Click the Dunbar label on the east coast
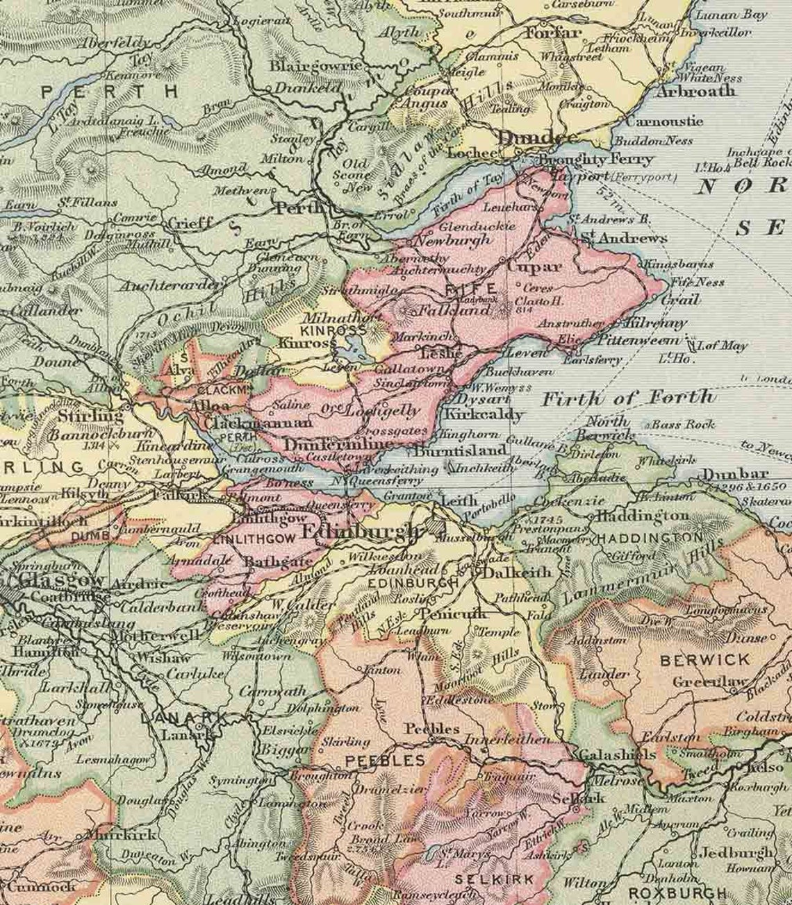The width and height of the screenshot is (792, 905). (727, 475)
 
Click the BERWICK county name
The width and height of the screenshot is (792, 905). (695, 659)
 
